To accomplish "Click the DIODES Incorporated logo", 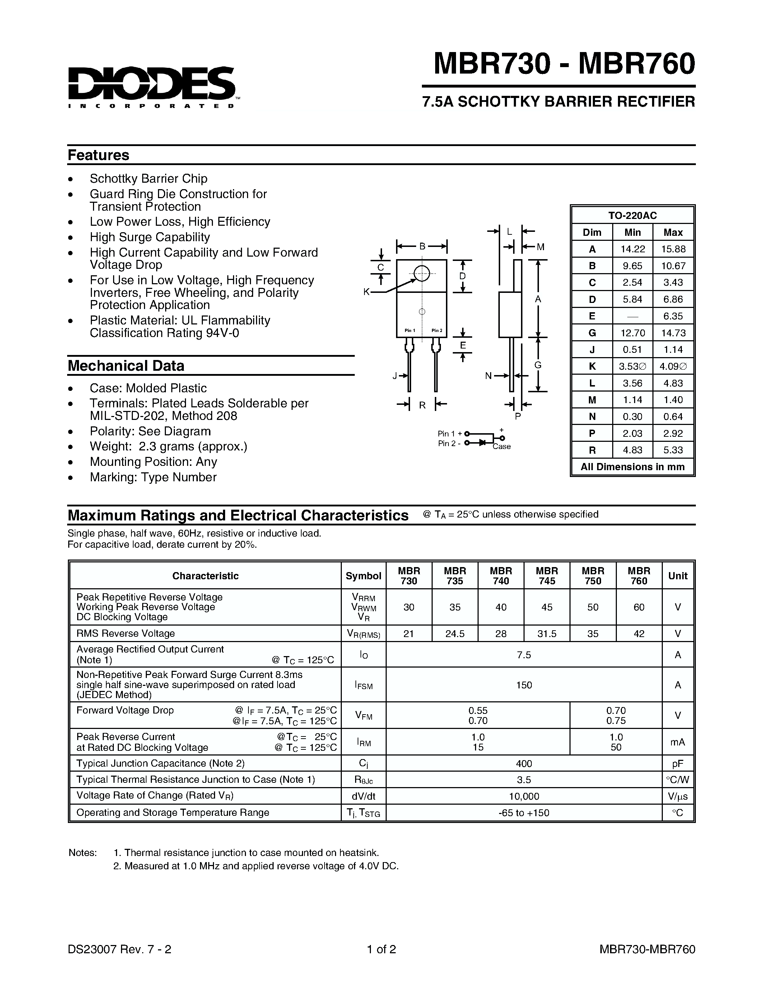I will [152, 87].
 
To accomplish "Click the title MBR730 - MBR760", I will [564, 64].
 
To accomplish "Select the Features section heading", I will [98, 155].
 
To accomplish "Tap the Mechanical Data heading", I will [126, 366].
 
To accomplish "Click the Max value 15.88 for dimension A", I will [673, 249].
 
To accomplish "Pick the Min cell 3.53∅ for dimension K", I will [632, 366].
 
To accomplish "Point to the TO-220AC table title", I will [632, 216].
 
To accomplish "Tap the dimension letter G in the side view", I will [538, 365].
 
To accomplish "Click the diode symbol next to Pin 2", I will [482, 443].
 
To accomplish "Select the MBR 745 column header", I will [547, 576].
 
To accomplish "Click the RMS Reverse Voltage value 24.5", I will [455, 633].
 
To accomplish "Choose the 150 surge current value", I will [524, 685].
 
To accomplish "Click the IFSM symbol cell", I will [363, 685].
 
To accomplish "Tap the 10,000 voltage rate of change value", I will [524, 796].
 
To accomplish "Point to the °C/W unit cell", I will [677, 780].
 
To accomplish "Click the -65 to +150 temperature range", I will [524, 813].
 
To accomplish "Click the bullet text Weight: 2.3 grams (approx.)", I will [168, 446].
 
